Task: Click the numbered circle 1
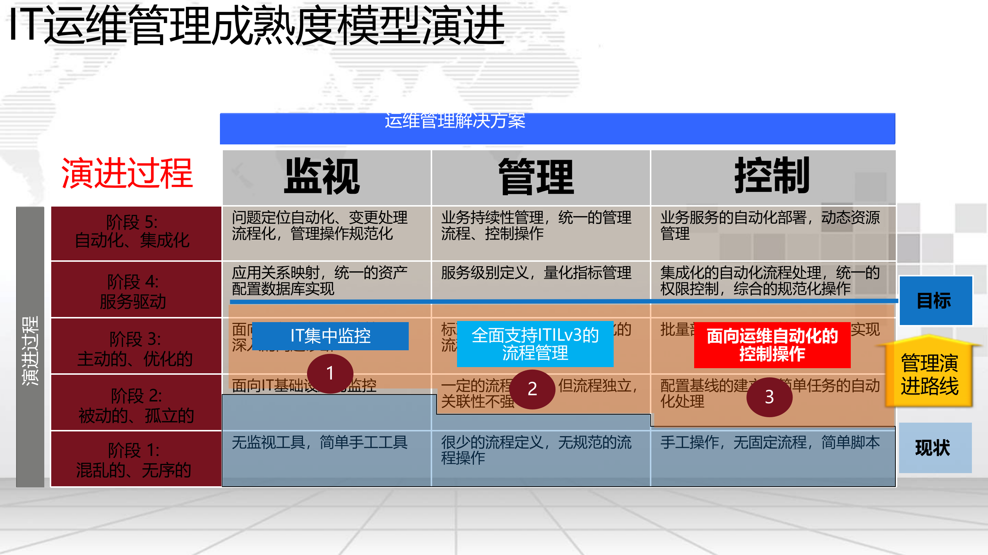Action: pos(330,373)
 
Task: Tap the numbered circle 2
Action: pos(532,389)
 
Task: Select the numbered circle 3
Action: pos(769,397)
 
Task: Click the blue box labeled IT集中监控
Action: pos(330,336)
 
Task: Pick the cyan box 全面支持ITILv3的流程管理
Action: pos(535,344)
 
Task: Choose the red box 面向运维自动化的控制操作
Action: pos(772,344)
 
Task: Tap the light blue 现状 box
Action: pos(935,448)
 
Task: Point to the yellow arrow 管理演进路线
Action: pos(929,374)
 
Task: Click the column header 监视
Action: pos(322,177)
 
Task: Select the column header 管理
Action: pos(536,177)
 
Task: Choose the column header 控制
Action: pos(772,176)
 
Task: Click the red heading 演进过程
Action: pos(127,173)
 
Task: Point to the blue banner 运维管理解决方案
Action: pos(557,129)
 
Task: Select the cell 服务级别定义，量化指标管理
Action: pos(536,273)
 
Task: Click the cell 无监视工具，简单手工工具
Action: pos(320,443)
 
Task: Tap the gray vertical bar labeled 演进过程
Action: pos(30,347)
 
